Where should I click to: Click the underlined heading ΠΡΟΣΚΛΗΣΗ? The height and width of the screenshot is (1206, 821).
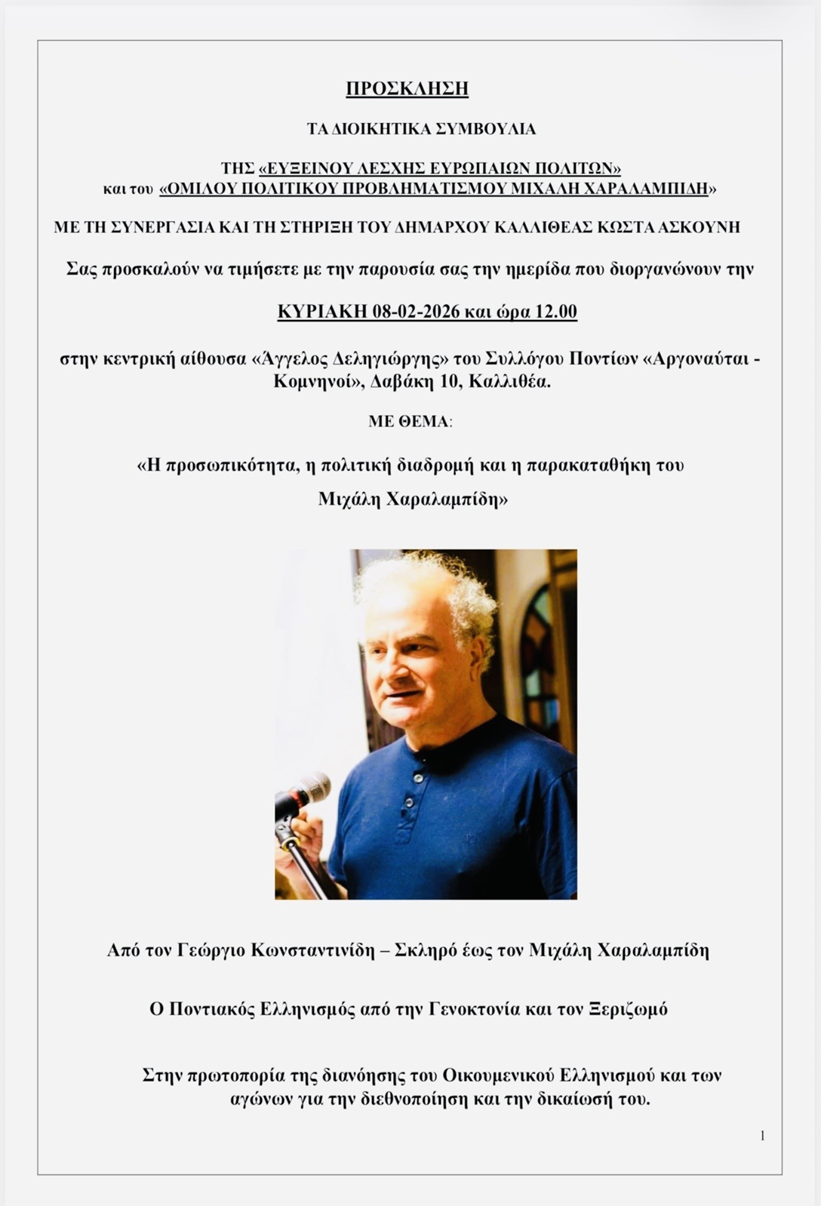pyautogui.click(x=407, y=89)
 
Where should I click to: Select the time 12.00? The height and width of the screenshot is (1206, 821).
pyautogui.click(x=556, y=312)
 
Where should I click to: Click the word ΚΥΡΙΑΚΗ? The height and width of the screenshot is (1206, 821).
pyautogui.click(x=322, y=312)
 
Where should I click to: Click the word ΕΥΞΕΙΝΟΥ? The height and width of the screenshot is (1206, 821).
pyautogui.click(x=310, y=168)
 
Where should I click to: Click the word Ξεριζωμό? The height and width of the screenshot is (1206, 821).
pyautogui.click(x=628, y=1009)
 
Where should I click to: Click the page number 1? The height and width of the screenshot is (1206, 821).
pyautogui.click(x=762, y=1136)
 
